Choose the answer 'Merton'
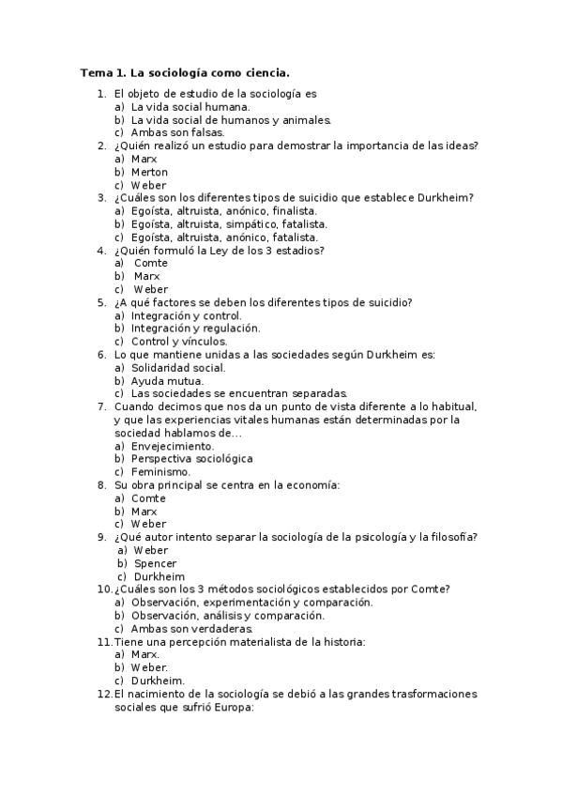[149, 173]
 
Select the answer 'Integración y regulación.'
[195, 329]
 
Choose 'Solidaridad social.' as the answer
[177, 368]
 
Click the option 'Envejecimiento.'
[172, 446]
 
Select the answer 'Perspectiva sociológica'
[191, 459]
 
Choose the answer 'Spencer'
[155, 563]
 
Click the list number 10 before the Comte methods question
[104, 589]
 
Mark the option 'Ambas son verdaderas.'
[191, 629]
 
